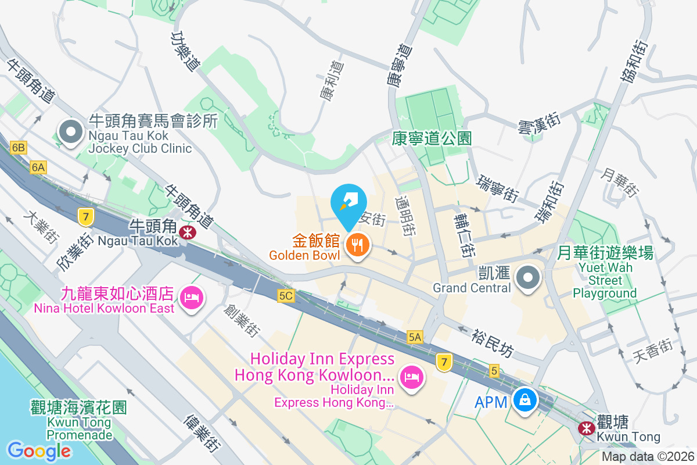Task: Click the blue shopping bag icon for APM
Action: tap(525, 400)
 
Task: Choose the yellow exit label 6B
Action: tap(19, 148)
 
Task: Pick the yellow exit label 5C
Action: tap(286, 296)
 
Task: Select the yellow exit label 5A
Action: tap(415, 337)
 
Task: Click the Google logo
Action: tap(39, 450)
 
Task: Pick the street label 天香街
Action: tap(652, 349)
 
